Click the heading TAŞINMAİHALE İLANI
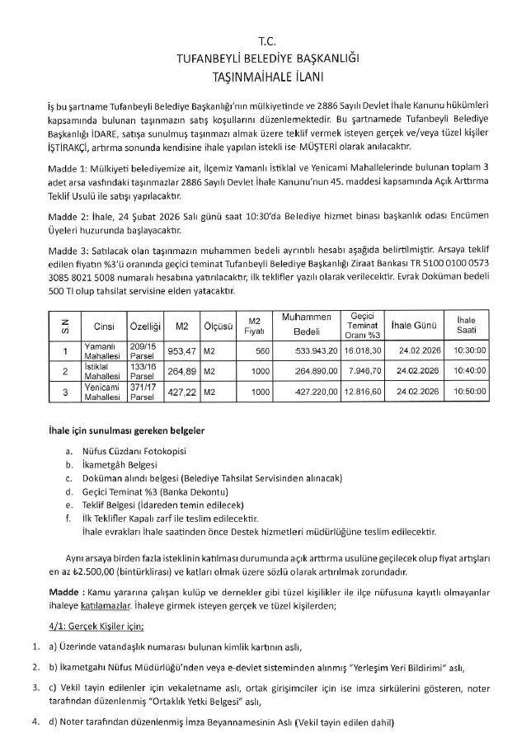(265, 75)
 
